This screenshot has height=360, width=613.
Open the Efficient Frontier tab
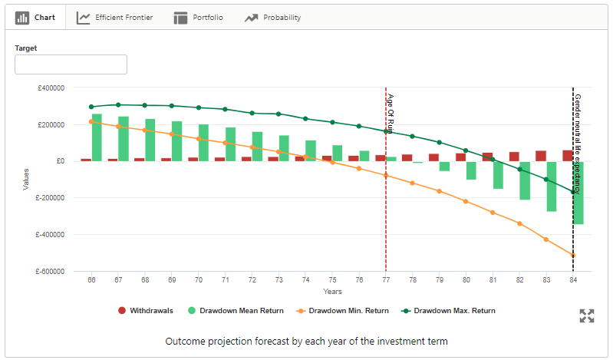pos(114,17)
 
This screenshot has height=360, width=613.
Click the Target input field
pos(71,64)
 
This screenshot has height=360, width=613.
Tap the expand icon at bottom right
pos(587,315)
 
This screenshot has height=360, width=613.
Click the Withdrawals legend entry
pos(146,311)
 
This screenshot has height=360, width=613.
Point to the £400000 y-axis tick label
pos(51,88)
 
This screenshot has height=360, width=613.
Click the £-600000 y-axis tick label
pos(49,271)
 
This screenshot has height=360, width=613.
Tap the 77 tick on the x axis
pos(386,280)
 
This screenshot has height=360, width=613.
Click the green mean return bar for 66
pos(97,137)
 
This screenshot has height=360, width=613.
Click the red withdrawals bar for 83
pos(541,156)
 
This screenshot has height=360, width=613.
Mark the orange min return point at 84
pos(572,256)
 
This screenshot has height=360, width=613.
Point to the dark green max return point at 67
pos(118,104)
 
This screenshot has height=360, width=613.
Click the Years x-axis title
pos(332,292)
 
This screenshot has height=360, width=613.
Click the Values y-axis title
pos(25,180)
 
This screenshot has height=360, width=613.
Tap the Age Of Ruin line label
pos(391,114)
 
